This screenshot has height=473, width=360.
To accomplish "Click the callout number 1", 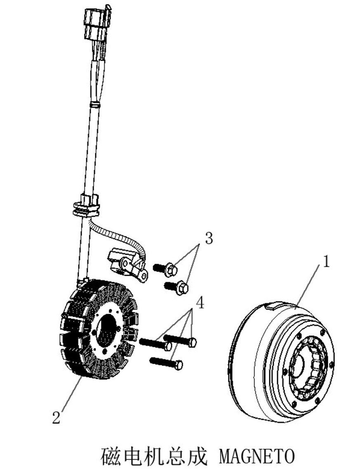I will point(326,262).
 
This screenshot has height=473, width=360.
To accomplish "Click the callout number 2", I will point(56,417).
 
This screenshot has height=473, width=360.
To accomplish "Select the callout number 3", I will point(209,238).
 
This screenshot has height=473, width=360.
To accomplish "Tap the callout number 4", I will point(200,303).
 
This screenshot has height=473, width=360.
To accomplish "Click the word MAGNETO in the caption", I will point(257,457).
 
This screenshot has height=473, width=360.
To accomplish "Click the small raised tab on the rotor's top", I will point(273,306).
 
